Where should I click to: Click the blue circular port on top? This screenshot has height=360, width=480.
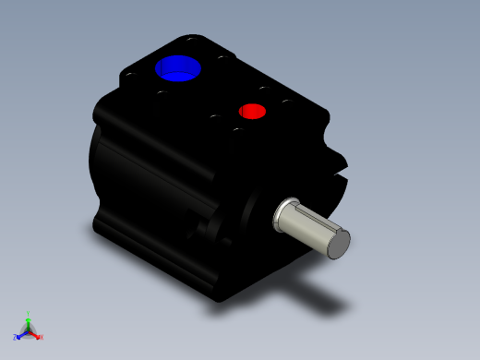(178, 67)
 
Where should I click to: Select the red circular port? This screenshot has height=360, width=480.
(252, 112)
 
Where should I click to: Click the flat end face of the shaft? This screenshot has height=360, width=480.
(340, 243)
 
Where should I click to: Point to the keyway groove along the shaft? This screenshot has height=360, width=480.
(314, 235)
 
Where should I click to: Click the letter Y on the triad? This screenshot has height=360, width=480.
(29, 314)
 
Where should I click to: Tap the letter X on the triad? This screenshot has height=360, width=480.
(41, 337)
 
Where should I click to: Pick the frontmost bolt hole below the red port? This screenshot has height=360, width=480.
(237, 129)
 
